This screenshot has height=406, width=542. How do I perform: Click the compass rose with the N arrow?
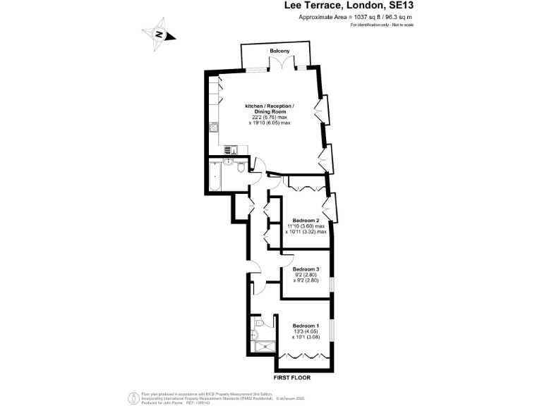point(159,35)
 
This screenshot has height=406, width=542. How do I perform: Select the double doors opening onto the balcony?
point(281,65)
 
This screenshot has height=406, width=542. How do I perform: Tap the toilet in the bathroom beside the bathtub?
point(241,168)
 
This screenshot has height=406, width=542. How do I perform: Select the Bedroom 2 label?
point(306,219)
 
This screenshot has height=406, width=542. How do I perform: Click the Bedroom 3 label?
point(306,269)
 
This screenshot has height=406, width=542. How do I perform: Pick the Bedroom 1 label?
point(306,325)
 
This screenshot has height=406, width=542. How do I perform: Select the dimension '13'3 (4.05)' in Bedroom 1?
point(306,331)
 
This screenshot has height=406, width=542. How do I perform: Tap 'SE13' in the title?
point(397,6)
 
